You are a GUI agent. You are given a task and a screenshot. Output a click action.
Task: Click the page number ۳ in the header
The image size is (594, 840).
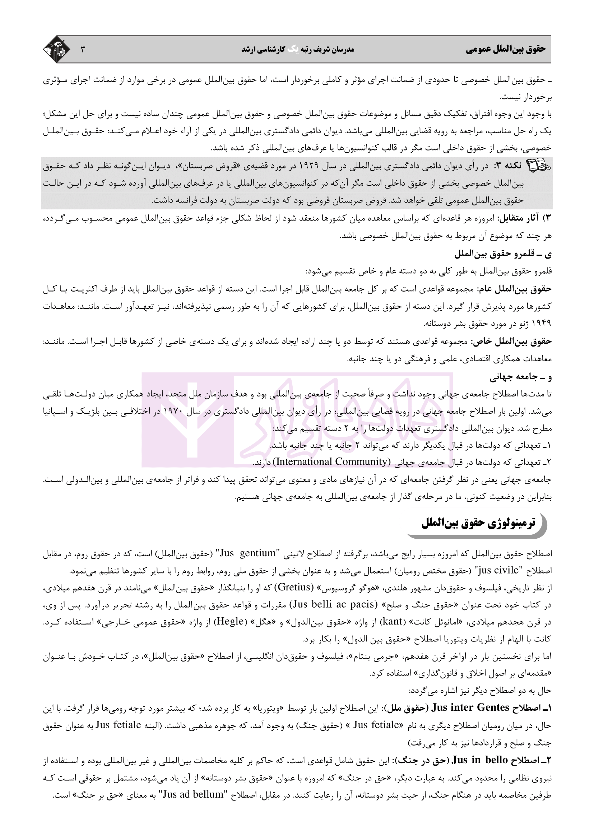click(82, 50)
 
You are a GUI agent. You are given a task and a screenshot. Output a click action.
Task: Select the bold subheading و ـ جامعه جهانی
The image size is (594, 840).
click(521, 377)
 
